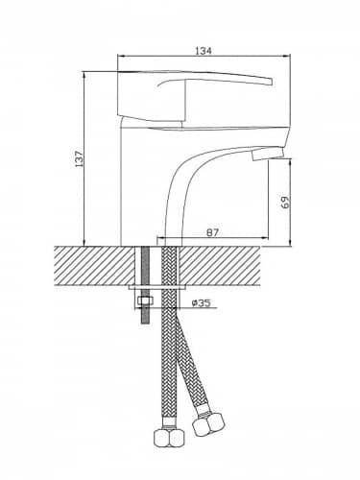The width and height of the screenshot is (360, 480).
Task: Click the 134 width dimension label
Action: tap(204, 51)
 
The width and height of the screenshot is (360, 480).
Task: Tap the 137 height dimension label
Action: tap(79, 158)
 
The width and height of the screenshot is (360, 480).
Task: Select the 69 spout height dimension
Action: tap(285, 203)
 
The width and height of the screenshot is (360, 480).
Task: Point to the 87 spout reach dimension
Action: tap(212, 232)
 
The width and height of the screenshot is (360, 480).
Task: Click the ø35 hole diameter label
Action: tap(201, 302)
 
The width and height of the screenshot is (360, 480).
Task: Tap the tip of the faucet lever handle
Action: tap(272, 82)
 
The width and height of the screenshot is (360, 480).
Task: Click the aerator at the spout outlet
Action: tap(268, 154)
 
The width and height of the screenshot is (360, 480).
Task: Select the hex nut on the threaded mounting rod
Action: tap(144, 301)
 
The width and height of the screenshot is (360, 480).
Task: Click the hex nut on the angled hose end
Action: tap(209, 422)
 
